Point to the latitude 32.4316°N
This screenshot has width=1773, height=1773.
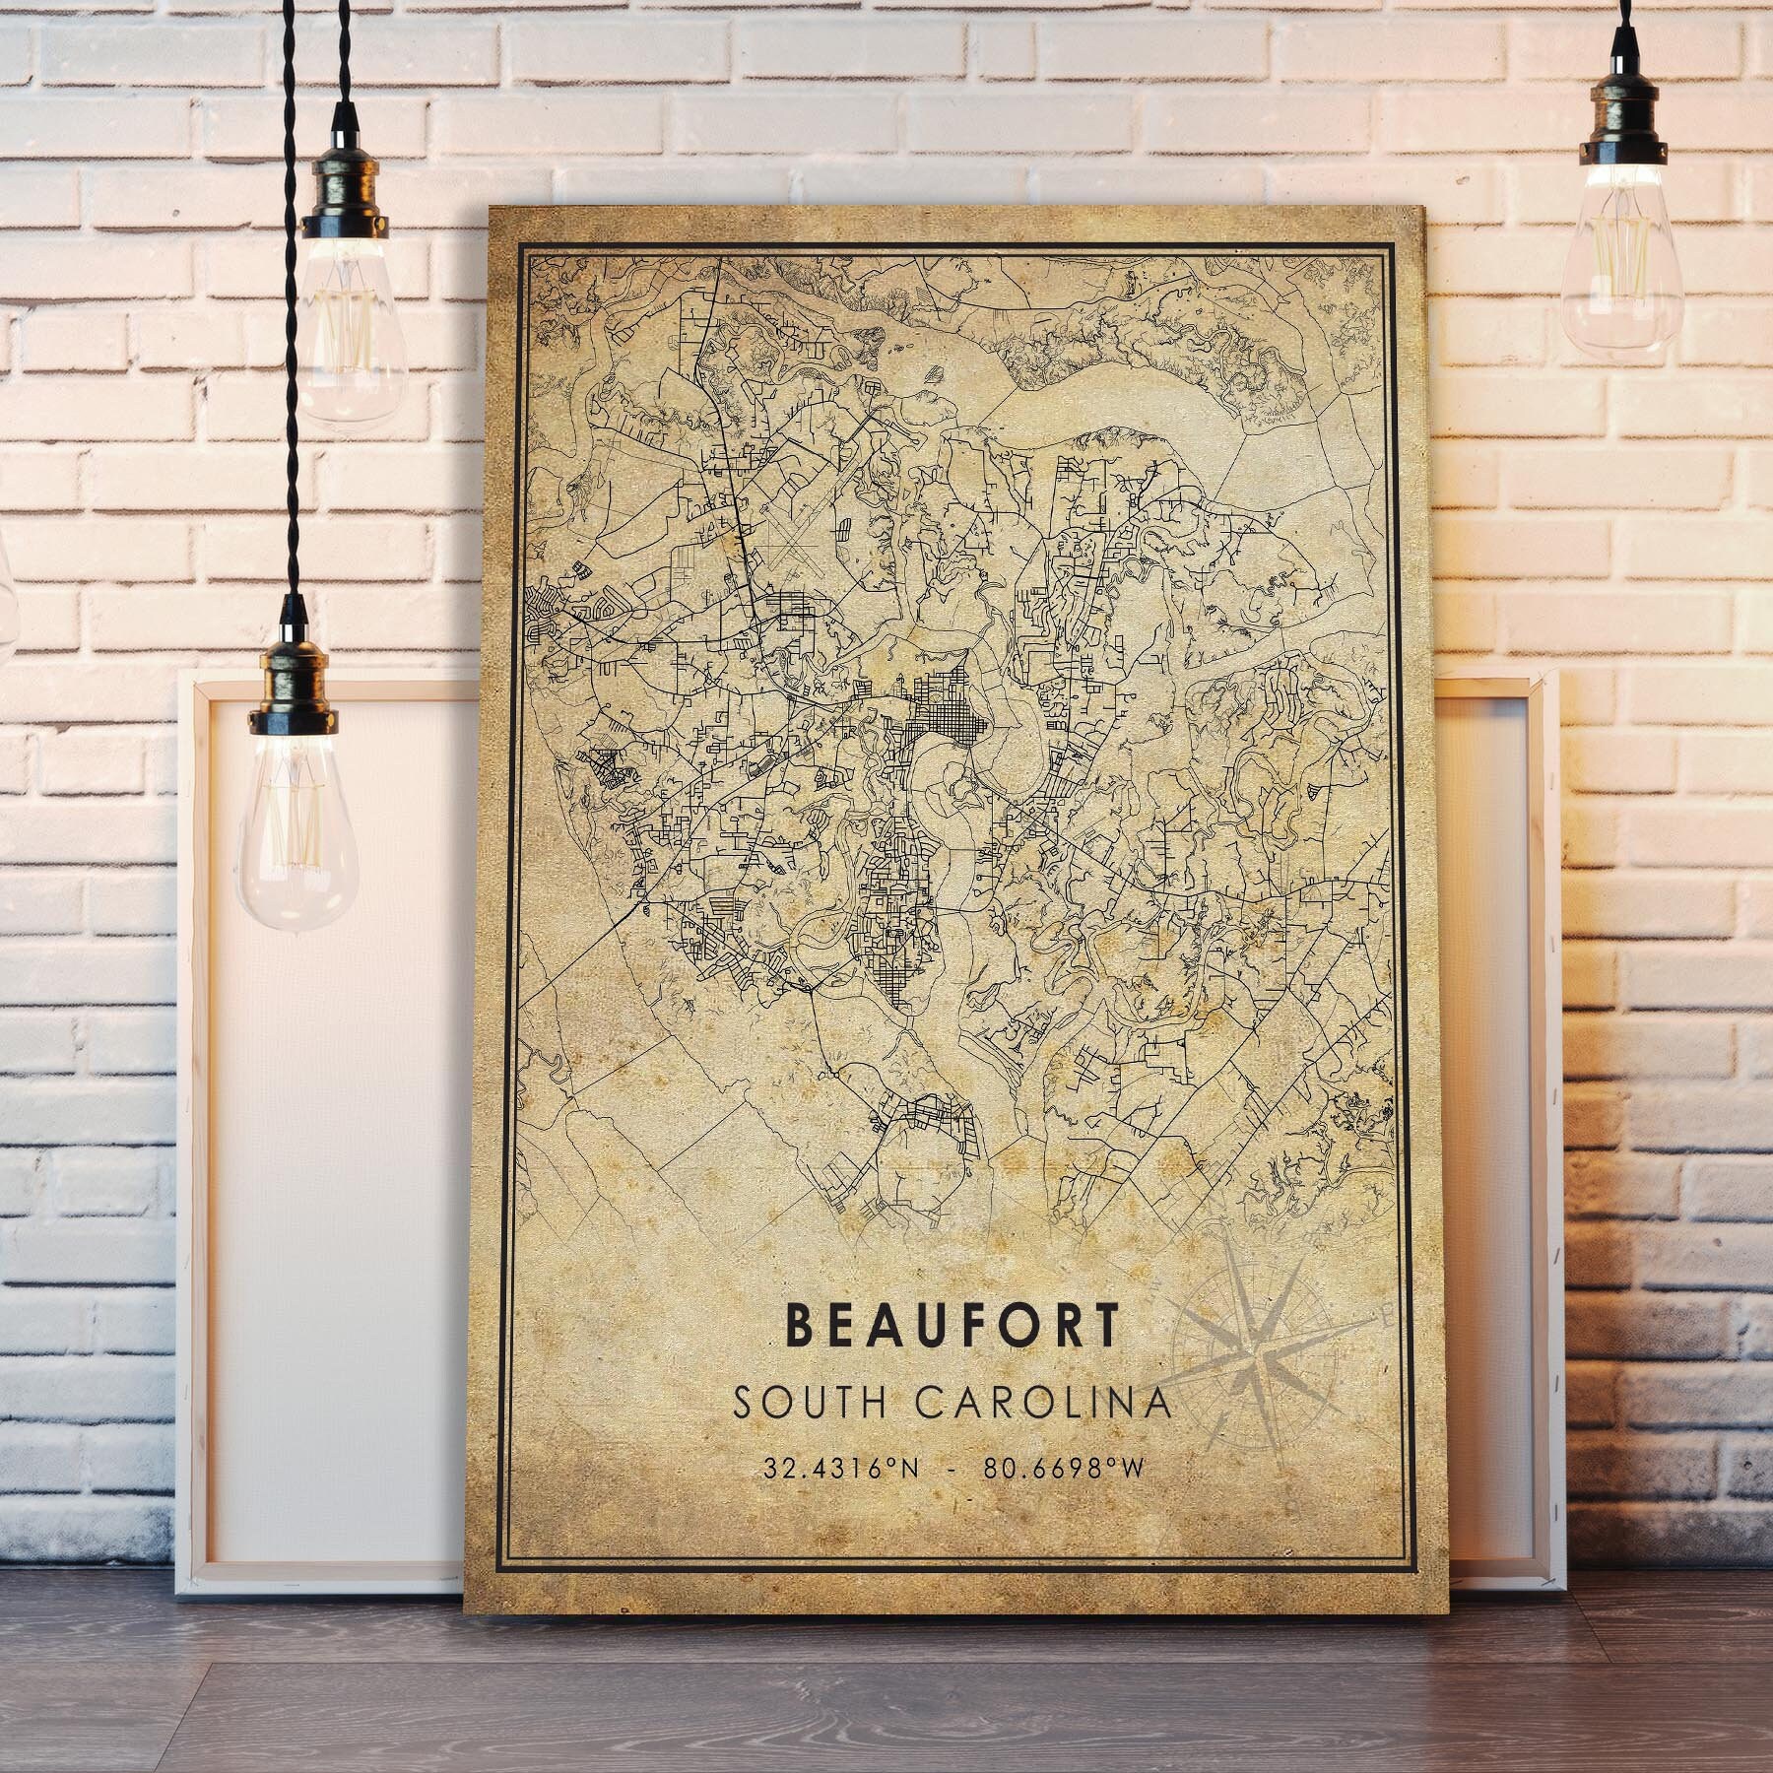[841, 1469]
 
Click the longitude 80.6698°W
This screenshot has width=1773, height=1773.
[1063, 1469]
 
